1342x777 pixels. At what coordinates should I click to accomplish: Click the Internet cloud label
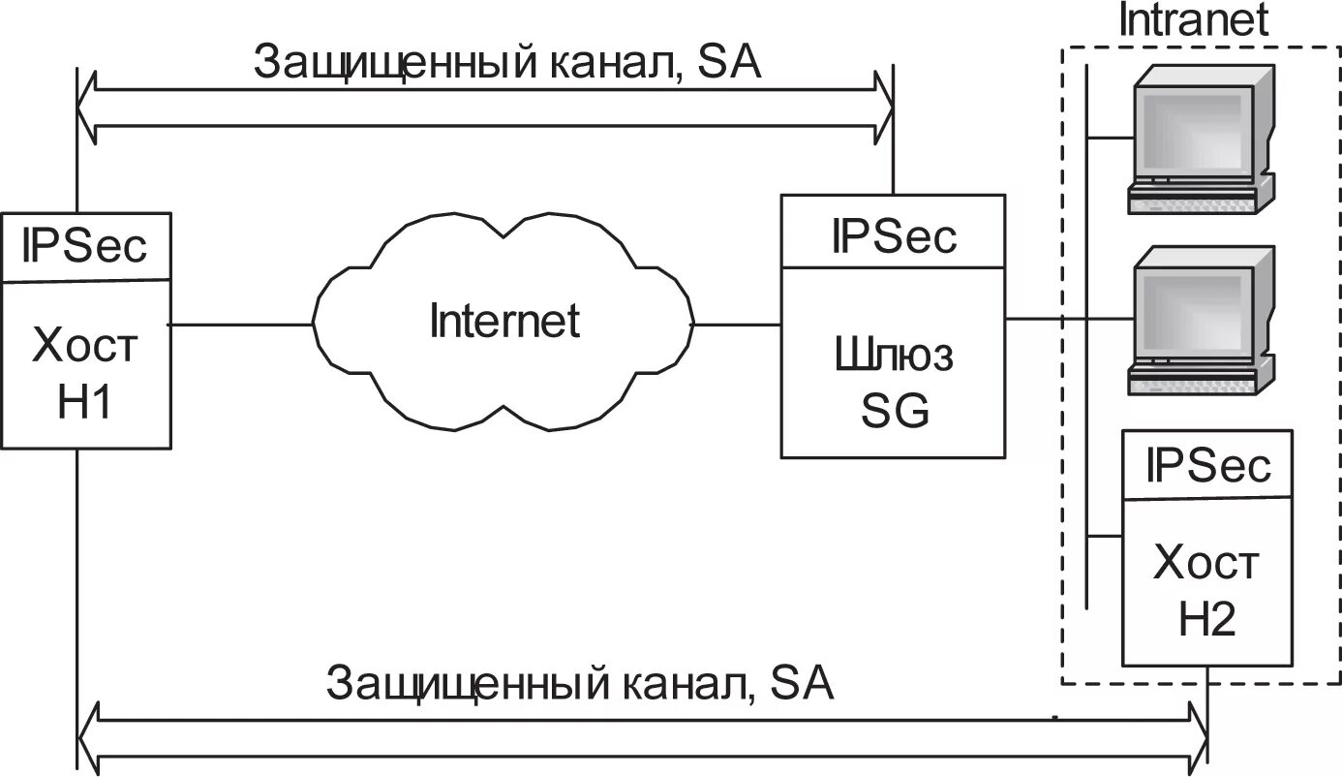click(503, 321)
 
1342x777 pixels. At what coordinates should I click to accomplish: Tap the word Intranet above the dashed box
click(1193, 20)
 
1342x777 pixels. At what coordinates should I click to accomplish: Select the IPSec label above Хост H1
click(85, 246)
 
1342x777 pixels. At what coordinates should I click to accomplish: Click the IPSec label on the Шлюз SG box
click(894, 235)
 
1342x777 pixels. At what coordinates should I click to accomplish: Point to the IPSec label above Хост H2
click(1206, 465)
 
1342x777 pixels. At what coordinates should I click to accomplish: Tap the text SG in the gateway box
click(895, 413)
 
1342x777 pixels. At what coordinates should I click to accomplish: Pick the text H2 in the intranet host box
click(1206, 619)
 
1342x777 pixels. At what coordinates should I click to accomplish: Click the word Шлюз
click(894, 357)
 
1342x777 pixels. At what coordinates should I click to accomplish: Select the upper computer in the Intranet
click(1202, 139)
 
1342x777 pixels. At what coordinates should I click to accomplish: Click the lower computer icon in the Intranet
click(1202, 320)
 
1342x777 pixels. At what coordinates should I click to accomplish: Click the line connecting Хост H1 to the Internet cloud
click(242, 325)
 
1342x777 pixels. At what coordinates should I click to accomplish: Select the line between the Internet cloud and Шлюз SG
click(738, 325)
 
